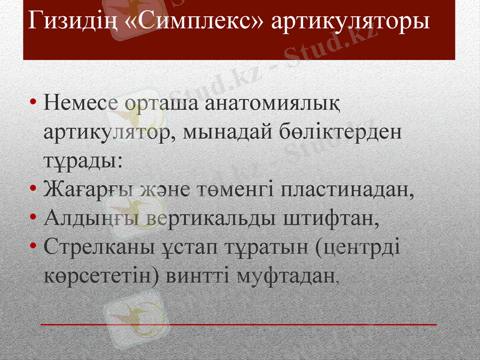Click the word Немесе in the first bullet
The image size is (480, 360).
[x=79, y=102]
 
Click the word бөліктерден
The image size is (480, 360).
[x=339, y=130]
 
